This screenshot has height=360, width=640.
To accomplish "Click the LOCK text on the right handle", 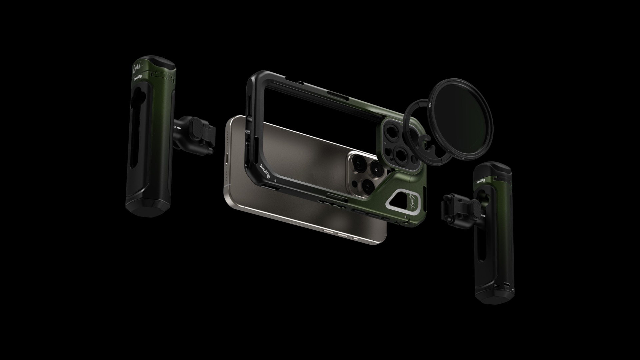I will coord(484,216).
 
